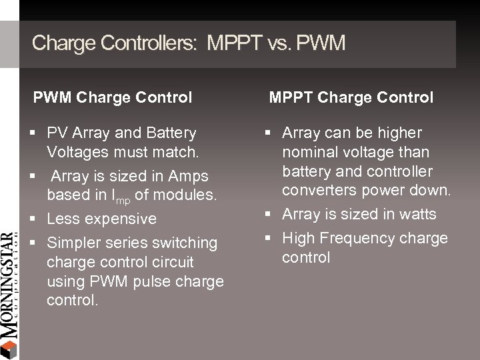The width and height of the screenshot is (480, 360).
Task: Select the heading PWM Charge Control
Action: coord(113,97)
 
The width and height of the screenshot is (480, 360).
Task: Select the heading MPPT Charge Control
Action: coord(351,97)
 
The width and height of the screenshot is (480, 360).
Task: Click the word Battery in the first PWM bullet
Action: coord(172,133)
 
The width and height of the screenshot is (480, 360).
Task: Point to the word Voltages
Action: coord(77,153)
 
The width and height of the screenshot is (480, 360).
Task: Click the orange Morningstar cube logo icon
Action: coord(8,349)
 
